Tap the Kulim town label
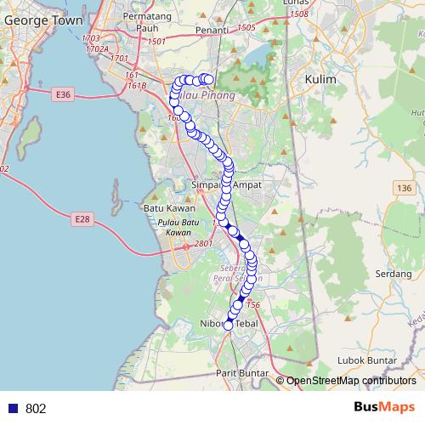click(320, 79)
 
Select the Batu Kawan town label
click(168, 208)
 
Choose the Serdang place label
click(393, 275)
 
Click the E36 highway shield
click(62, 93)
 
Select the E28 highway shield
click(81, 219)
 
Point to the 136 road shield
click(403, 187)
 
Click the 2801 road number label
click(203, 245)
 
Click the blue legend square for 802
click(13, 409)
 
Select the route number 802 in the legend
click(36, 409)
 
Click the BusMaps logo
click(384, 407)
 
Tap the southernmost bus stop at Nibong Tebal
click(228, 325)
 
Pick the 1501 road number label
click(156, 42)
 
